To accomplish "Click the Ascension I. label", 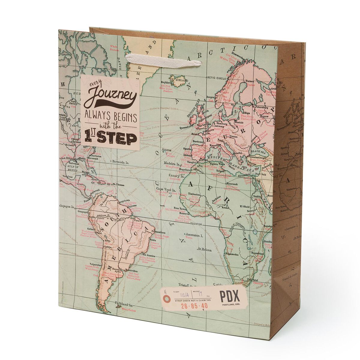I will click(x=194, y=235).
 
